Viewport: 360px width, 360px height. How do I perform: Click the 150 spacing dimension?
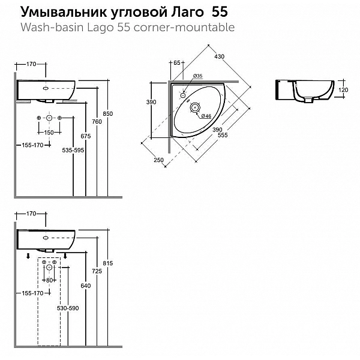(49, 132)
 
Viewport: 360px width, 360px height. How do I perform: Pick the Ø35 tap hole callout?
(198, 76)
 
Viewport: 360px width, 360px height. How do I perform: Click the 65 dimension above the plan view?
(176, 62)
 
